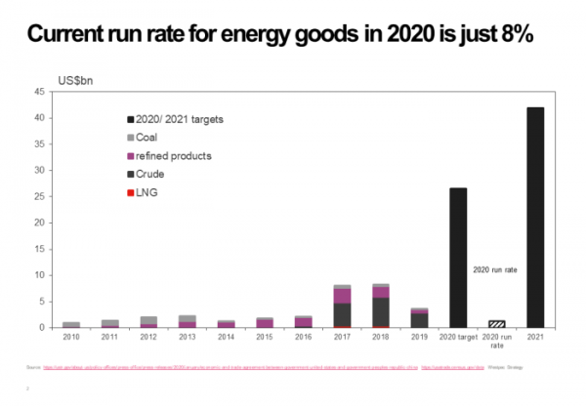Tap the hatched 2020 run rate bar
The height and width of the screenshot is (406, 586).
pyautogui.click(x=497, y=323)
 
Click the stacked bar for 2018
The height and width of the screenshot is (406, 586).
pyautogui.click(x=381, y=305)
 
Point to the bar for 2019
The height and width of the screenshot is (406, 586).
pyautogui.click(x=419, y=317)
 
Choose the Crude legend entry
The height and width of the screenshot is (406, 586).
pyautogui.click(x=156, y=174)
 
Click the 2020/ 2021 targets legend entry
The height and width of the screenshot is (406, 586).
pyautogui.click(x=182, y=119)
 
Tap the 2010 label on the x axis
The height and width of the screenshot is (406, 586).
pyautogui.click(x=71, y=338)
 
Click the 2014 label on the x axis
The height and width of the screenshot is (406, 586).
pyautogui.click(x=226, y=338)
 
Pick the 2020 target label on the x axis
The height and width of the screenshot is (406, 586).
pyautogui.click(x=458, y=338)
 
